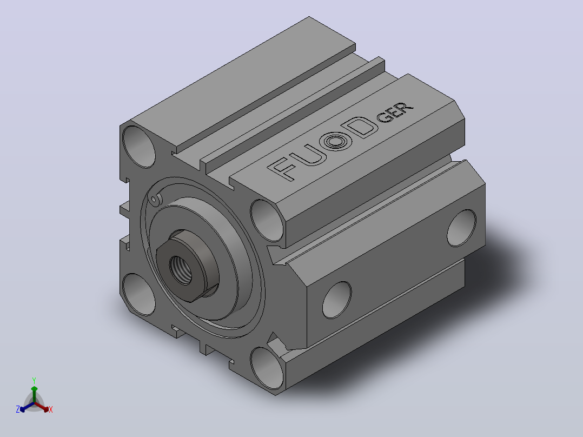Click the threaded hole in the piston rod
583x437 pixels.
[181, 270]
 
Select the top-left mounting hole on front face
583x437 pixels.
[138, 147]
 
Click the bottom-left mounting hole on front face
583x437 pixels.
[138, 294]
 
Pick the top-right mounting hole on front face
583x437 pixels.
[267, 221]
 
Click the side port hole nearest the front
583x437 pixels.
[337, 300]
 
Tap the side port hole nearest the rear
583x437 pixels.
[461, 228]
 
